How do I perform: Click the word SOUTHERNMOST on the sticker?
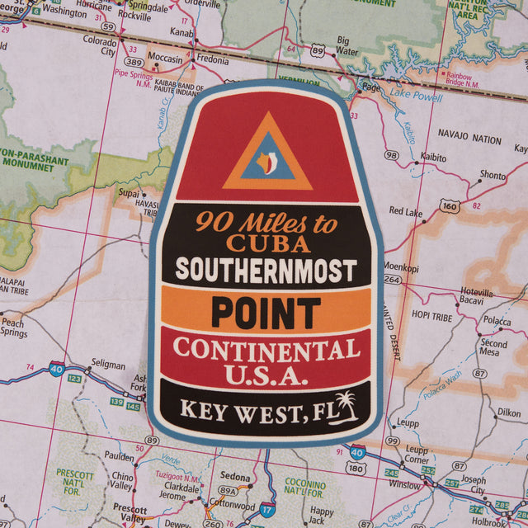pos(266,271)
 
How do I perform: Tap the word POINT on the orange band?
pos(266,312)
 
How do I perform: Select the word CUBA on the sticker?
pos(268,243)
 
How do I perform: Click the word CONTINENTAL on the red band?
pos(266,349)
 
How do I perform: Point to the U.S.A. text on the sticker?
pos(266,376)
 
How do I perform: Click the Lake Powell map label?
pos(416,97)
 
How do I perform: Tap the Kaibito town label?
pos(432,156)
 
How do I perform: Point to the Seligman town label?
pos(108,365)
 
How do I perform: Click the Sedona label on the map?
pos(235,477)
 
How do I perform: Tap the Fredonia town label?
pos(212,59)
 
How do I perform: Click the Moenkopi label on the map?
pos(400,267)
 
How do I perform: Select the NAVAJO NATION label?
pos(469,139)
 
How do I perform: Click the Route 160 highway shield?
pos(449,205)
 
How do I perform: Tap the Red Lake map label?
pos(405,211)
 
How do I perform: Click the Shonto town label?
pos(493,175)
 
